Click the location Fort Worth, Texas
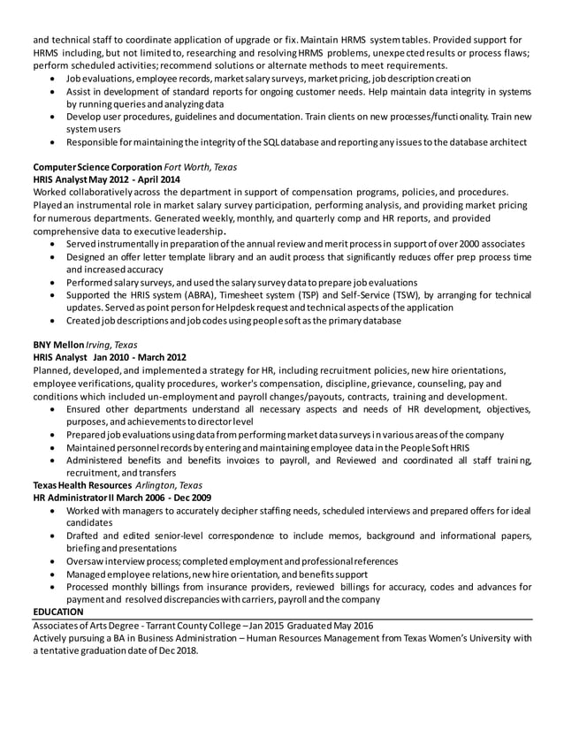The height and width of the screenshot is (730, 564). click(x=202, y=166)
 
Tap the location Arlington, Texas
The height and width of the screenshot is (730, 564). click(x=169, y=485)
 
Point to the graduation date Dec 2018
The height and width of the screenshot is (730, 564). click(x=176, y=650)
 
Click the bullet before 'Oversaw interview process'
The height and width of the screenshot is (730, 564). click(x=57, y=561)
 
